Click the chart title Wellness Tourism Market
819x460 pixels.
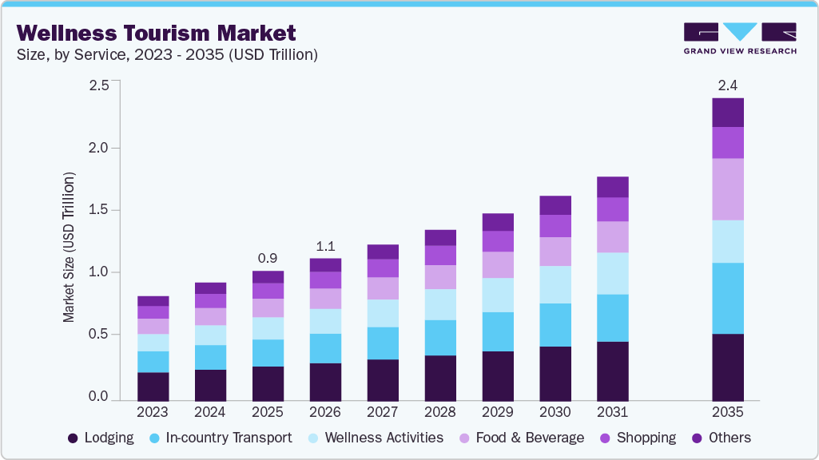[x=157, y=34]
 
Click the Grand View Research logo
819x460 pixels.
[x=740, y=38]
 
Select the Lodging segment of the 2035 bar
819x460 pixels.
[x=727, y=367]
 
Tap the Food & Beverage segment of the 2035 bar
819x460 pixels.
[x=727, y=189]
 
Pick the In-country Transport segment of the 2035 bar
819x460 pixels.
[x=727, y=298]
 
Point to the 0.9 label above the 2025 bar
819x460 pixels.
[x=267, y=259]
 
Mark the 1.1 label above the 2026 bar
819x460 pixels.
[x=324, y=247]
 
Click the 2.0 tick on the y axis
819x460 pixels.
[x=98, y=148]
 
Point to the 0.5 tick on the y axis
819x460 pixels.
[x=98, y=335]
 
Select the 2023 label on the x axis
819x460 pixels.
[x=152, y=412]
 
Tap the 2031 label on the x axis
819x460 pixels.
[x=612, y=412]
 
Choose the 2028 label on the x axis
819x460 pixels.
[x=439, y=412]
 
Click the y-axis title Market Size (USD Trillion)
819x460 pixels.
[x=70, y=247]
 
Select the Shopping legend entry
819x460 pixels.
[x=637, y=438]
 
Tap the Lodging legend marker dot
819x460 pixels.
[x=74, y=438]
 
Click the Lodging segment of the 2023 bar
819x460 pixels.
[x=152, y=386]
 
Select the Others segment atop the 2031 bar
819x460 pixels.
[x=612, y=187]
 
